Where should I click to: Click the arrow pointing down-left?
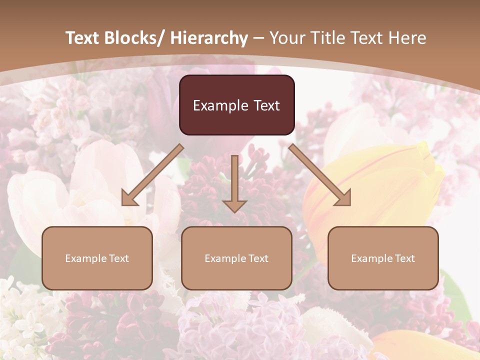153,175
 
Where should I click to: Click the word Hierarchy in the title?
209,38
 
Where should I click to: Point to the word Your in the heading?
286,38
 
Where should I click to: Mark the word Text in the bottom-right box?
404,258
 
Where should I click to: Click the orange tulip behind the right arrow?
380,180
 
